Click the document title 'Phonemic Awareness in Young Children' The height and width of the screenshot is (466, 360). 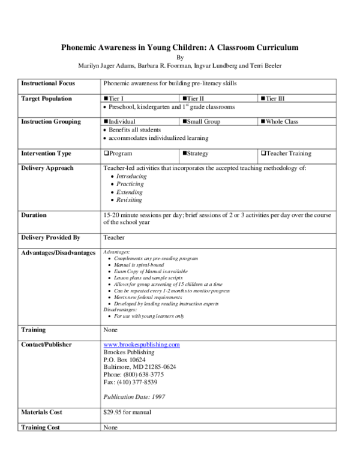[181, 47]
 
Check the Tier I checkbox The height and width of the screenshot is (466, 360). [106, 98]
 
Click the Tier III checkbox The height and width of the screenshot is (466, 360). [262, 98]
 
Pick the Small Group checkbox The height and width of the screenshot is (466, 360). [184, 122]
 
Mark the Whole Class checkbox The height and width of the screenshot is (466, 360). [262, 122]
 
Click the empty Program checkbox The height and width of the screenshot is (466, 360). [106, 154]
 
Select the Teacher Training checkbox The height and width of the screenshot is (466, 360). [262, 154]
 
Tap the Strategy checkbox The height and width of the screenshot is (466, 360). [184, 154]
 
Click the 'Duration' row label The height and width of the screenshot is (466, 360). [34, 215]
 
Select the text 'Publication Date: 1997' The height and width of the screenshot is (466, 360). [134, 397]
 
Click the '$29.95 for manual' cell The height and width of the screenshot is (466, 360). [127, 413]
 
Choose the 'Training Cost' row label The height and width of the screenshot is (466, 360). [41, 428]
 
